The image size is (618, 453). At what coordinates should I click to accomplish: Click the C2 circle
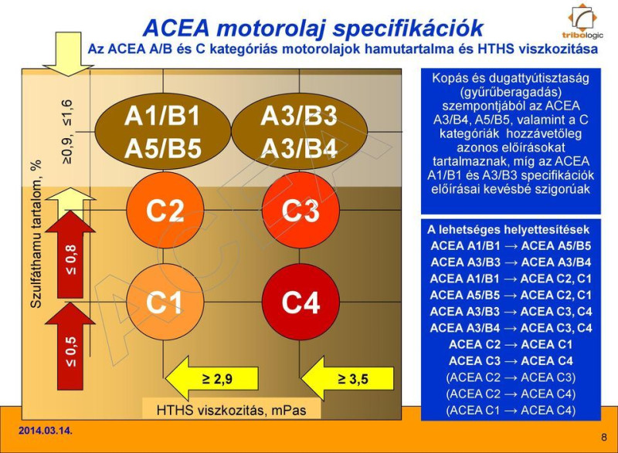164,211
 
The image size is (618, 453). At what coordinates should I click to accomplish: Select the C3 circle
301,211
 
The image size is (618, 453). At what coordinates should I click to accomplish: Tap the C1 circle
164,303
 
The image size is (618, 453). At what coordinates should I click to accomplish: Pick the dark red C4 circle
301,303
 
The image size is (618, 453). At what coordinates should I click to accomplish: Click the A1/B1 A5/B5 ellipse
164,132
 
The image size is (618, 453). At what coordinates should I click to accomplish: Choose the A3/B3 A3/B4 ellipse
300,132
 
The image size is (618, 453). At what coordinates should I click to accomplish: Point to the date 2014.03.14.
46,429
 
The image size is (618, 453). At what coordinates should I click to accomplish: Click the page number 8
603,438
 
